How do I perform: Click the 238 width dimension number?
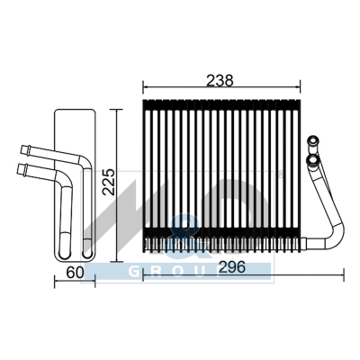pyautogui.click(x=220, y=80)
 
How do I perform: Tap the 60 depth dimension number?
pyautogui.click(x=75, y=272)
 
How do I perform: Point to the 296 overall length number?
pyautogui.click(x=232, y=267)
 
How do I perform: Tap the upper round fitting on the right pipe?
pyautogui.click(x=313, y=140)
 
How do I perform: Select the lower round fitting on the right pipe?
pyautogui.click(x=312, y=160)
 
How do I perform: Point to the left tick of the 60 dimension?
pyautogui.click(x=56, y=280)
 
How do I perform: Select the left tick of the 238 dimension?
pyautogui.click(x=143, y=87)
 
